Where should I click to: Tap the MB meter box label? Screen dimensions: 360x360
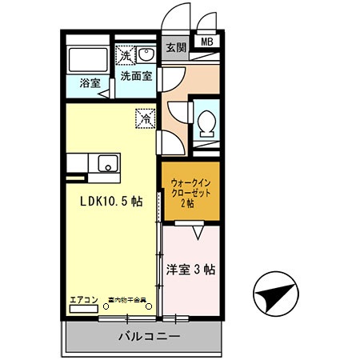(206, 42)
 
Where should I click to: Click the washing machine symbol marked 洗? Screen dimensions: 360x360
(126, 55)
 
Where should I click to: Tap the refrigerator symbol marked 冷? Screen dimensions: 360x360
(146, 117)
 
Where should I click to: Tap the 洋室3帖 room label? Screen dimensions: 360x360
(191, 269)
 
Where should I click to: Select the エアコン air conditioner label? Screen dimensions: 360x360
(83, 301)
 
